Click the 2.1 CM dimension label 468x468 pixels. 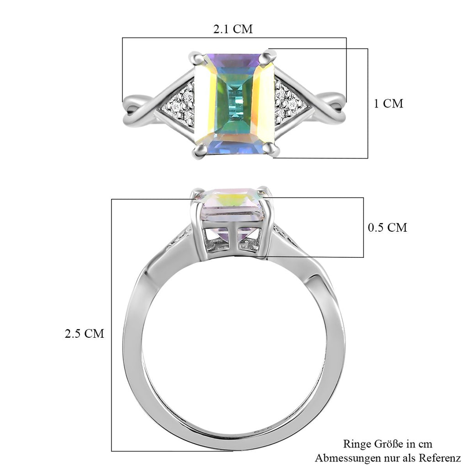233,29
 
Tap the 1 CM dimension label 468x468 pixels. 388,104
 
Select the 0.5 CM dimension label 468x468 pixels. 388,228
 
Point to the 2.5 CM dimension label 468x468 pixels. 85,333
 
